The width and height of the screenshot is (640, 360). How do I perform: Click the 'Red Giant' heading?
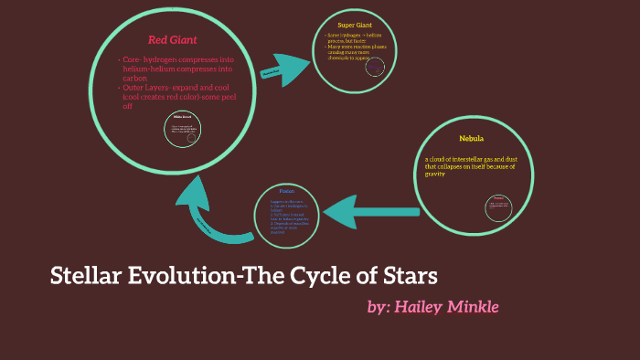172,39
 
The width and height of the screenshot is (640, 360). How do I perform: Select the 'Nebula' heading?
471,138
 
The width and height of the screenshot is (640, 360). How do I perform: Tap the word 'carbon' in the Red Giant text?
134,78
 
